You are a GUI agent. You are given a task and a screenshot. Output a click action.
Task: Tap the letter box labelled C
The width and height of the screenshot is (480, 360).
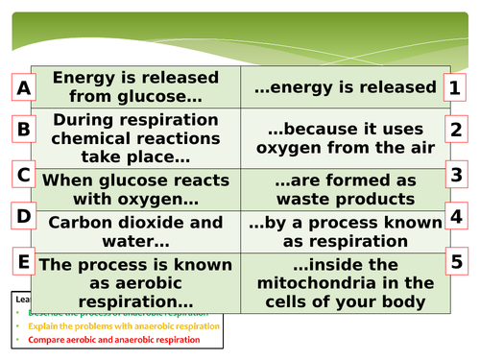tap(25, 175)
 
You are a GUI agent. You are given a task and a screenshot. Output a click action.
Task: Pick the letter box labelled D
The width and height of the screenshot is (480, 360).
tap(25, 218)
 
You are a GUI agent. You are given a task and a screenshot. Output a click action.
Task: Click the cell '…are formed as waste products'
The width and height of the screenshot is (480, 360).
tap(344, 189)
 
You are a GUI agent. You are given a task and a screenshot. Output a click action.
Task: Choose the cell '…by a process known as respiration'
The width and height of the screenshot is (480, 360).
tap(344, 231)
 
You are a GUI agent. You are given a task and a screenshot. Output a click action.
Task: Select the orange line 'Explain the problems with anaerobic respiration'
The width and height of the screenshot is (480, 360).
tap(125, 325)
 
